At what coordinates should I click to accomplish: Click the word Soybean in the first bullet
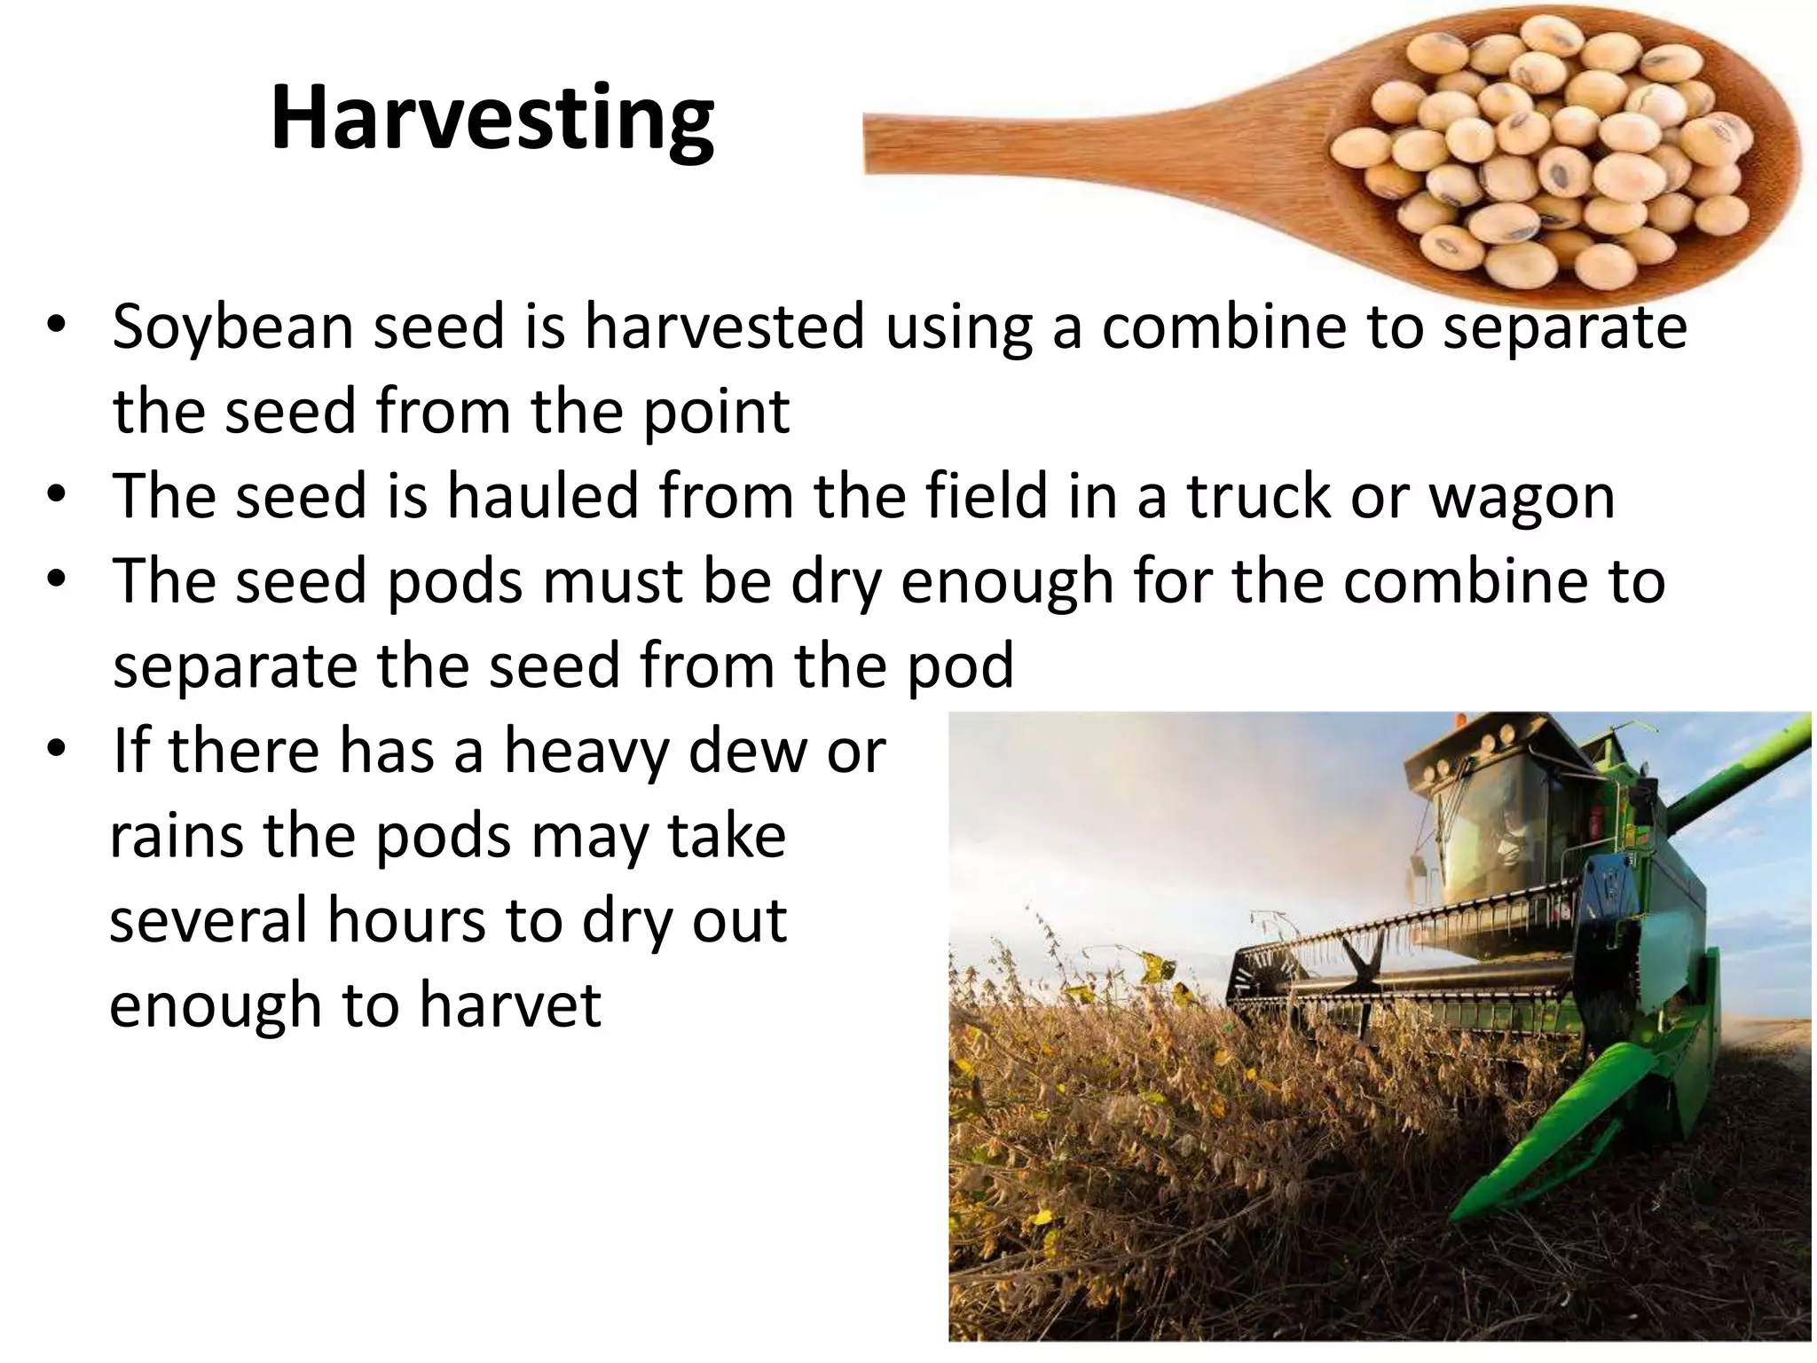(x=233, y=327)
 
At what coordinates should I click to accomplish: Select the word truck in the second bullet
(x=1260, y=497)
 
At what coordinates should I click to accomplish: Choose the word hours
(x=406, y=920)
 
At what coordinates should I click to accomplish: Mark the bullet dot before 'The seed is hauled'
(x=56, y=496)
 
